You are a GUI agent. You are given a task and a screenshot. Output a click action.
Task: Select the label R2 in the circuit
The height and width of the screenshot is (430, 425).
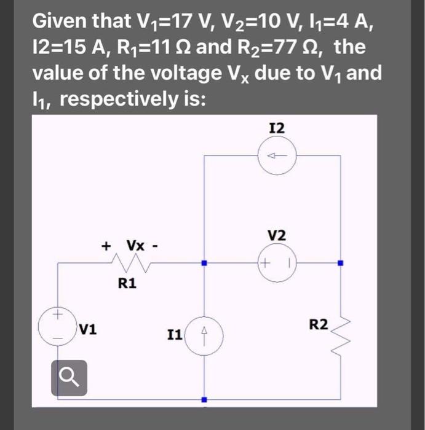click(x=319, y=324)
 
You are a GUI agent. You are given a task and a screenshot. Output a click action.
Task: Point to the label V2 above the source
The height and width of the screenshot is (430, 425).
click(x=277, y=236)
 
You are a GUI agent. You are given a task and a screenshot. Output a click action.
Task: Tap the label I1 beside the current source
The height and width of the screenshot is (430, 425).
click(x=174, y=335)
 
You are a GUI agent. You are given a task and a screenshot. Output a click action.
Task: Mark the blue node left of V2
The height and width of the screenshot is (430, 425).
click(x=204, y=263)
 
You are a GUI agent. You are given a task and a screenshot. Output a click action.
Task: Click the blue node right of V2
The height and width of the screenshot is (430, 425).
click(x=340, y=263)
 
